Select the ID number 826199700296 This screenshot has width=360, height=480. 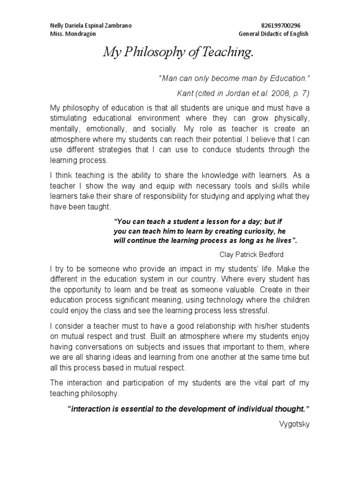tap(280, 26)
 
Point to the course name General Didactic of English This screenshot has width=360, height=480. tap(273, 35)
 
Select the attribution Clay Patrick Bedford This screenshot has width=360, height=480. tap(252, 255)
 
